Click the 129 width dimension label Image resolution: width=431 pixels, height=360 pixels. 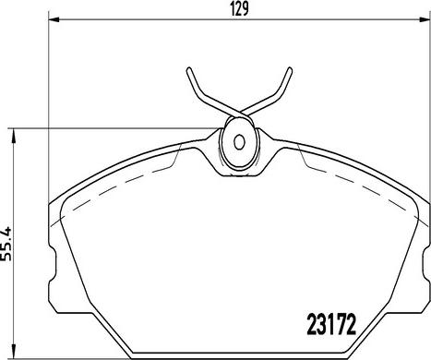tap(239, 9)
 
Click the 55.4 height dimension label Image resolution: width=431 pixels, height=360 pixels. tap(6, 244)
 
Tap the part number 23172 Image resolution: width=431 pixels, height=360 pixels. tap(331, 324)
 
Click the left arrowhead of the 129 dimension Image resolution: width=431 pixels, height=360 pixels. tap(54, 20)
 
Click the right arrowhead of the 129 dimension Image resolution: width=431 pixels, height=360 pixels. tap(425, 20)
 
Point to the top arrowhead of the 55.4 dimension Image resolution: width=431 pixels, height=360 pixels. tap(13, 136)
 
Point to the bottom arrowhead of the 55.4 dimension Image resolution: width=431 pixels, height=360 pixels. tap(13, 352)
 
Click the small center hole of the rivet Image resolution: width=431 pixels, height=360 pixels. tap(239, 142)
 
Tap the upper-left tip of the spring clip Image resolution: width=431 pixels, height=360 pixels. tap(189, 69)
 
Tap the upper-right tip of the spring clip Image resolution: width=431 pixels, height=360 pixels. tap(289, 69)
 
